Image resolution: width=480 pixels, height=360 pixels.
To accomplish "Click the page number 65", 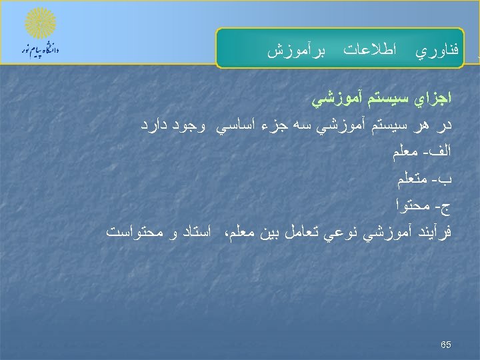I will click(x=446, y=345).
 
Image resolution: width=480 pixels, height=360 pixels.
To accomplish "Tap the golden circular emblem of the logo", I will click(x=40, y=24).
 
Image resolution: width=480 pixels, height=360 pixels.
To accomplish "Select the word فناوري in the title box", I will click(x=437, y=50).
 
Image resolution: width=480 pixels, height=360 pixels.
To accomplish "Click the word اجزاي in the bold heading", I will click(x=432, y=99).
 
